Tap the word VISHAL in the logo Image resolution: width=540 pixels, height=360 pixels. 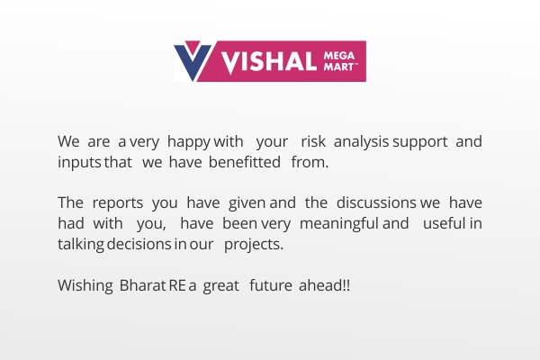tap(268, 62)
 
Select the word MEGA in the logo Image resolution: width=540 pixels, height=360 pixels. tap(339, 56)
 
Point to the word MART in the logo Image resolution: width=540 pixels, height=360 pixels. tap(339, 67)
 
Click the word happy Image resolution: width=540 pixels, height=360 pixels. tap(189, 142)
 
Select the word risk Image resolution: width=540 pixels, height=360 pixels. tap(313, 141)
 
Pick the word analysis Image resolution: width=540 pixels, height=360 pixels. tap(361, 142)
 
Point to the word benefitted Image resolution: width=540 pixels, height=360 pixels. tap(245, 162)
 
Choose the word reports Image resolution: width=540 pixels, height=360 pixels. tap(117, 203)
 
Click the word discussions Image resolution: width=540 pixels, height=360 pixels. tap(376, 202)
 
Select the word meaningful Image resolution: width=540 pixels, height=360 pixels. tap(339, 224)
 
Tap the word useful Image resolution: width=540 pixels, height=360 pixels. tap(445, 223)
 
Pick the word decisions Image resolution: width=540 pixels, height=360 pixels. tap(139, 244)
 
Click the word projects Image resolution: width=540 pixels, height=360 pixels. tap(254, 245)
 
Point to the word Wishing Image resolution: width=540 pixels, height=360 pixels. tap(85, 286)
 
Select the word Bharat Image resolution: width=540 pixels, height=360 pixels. tap(142, 285)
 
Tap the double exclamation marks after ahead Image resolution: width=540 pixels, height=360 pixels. tap(346, 285)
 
